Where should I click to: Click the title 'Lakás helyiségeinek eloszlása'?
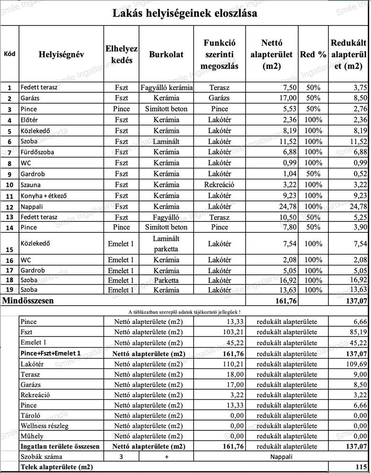click(x=185, y=13)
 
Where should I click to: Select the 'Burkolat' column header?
click(x=166, y=54)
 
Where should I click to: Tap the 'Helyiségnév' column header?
click(x=61, y=54)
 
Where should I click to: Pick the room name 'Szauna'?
click(x=31, y=185)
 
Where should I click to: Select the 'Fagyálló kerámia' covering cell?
click(x=166, y=88)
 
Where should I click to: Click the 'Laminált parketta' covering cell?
click(x=166, y=244)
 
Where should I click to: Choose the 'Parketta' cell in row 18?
click(x=166, y=280)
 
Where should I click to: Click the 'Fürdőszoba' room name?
click(x=37, y=152)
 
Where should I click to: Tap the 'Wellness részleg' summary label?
click(x=44, y=426)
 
